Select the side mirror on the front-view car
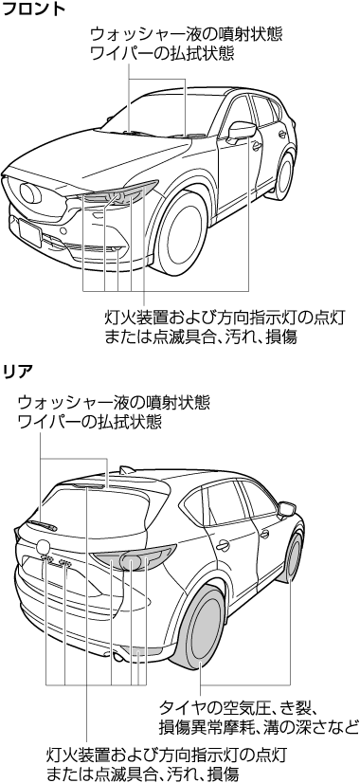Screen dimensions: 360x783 (x=242, y=131)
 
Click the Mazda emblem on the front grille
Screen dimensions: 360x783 (x=30, y=192)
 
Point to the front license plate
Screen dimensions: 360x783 (x=30, y=231)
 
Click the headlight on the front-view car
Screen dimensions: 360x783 (x=118, y=194)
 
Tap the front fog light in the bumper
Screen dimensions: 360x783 (x=115, y=249)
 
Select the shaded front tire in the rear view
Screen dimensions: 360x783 (x=294, y=555)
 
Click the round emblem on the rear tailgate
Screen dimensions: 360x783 (x=43, y=546)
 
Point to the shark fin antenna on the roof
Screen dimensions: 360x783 (x=126, y=470)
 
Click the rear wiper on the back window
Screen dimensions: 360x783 (x=42, y=524)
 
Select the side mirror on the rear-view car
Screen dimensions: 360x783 (x=287, y=509)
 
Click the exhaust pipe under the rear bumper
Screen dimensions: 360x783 (x=117, y=657)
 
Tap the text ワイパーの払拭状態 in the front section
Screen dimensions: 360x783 (x=161, y=53)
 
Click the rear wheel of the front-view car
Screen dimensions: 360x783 (x=284, y=175)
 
